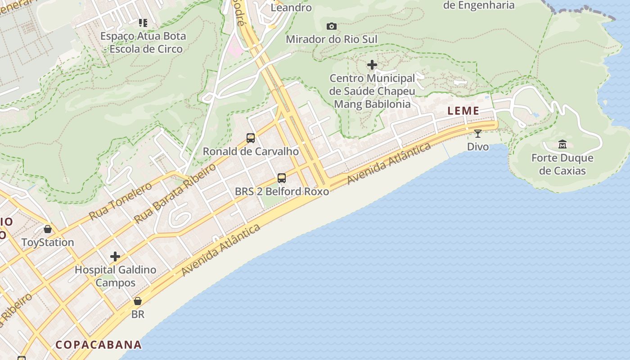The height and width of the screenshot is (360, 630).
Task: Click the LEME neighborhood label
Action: (463, 111)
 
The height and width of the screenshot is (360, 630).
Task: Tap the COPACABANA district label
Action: (99, 345)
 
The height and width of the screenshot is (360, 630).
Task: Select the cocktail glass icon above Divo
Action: (478, 134)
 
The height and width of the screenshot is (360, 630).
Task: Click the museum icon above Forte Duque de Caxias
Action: (562, 144)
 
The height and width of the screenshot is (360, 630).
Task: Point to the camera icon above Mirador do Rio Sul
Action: (332, 27)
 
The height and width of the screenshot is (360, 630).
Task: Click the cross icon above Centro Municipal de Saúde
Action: (372, 65)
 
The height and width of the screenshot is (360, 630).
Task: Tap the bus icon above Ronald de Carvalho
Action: (251, 138)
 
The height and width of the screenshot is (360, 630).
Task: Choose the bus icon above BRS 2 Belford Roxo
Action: (282, 178)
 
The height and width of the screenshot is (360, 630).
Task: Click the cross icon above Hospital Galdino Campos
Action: (115, 256)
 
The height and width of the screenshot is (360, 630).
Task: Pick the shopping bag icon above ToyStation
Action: (48, 229)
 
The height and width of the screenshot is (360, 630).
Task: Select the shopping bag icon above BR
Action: (138, 301)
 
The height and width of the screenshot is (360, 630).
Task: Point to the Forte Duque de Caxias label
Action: (562, 164)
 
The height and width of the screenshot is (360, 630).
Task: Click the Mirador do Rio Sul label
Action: (332, 39)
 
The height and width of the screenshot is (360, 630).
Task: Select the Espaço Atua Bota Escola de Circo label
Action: (143, 42)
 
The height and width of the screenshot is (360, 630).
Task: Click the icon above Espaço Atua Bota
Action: (143, 22)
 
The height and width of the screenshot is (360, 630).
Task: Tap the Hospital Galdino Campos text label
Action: (116, 276)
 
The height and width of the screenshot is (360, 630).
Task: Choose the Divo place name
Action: (478, 147)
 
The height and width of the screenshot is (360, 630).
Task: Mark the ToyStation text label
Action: (48, 243)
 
